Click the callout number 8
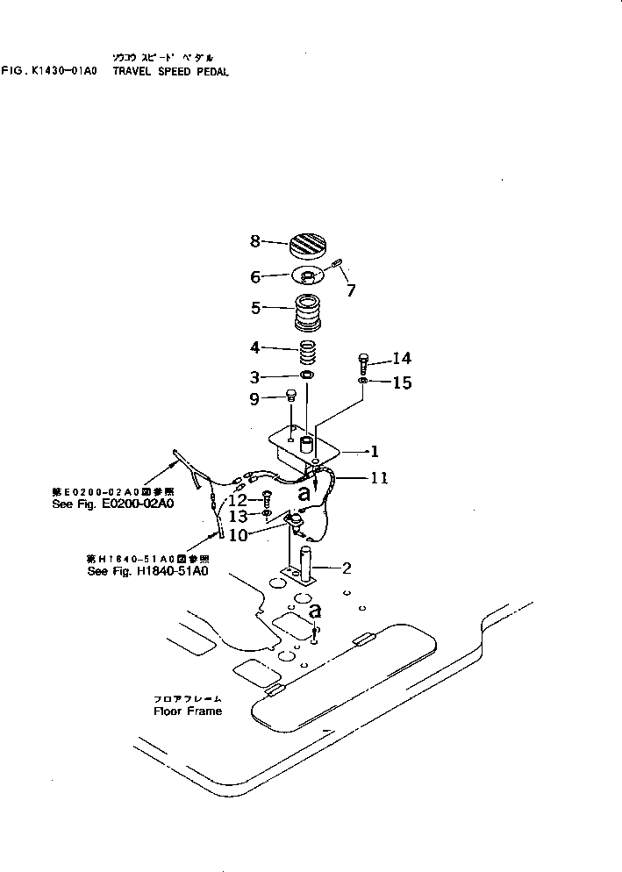(254, 239)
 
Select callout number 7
(351, 291)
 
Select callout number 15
(402, 382)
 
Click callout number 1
(375, 452)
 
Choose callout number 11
(379, 479)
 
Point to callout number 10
(238, 535)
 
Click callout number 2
(347, 568)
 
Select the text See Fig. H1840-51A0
(147, 570)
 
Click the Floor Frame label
(188, 711)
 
